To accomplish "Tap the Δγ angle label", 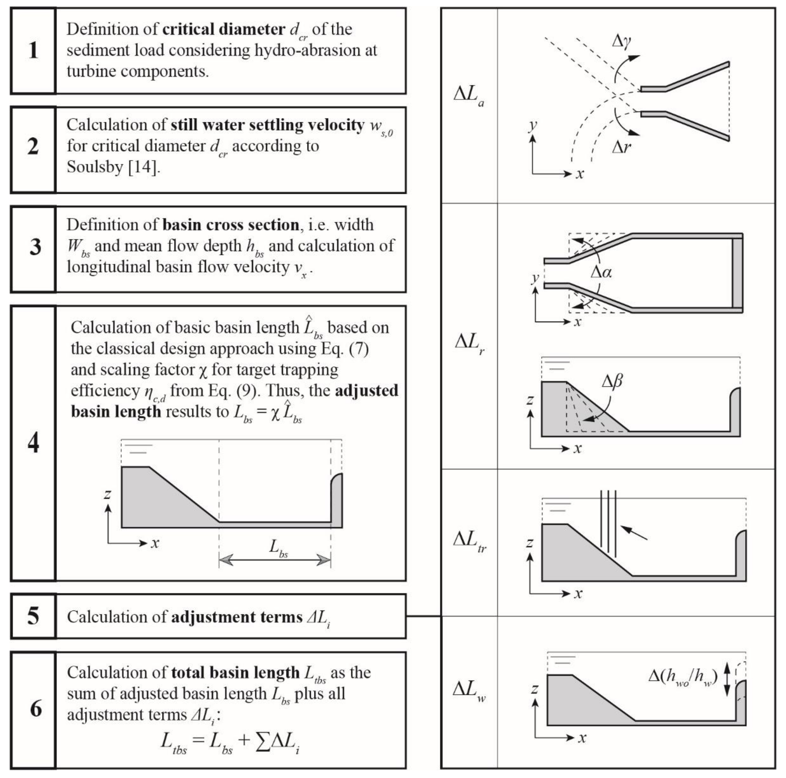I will (622, 42).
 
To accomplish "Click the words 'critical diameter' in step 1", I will (224, 29).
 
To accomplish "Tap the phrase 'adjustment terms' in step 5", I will (237, 617).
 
